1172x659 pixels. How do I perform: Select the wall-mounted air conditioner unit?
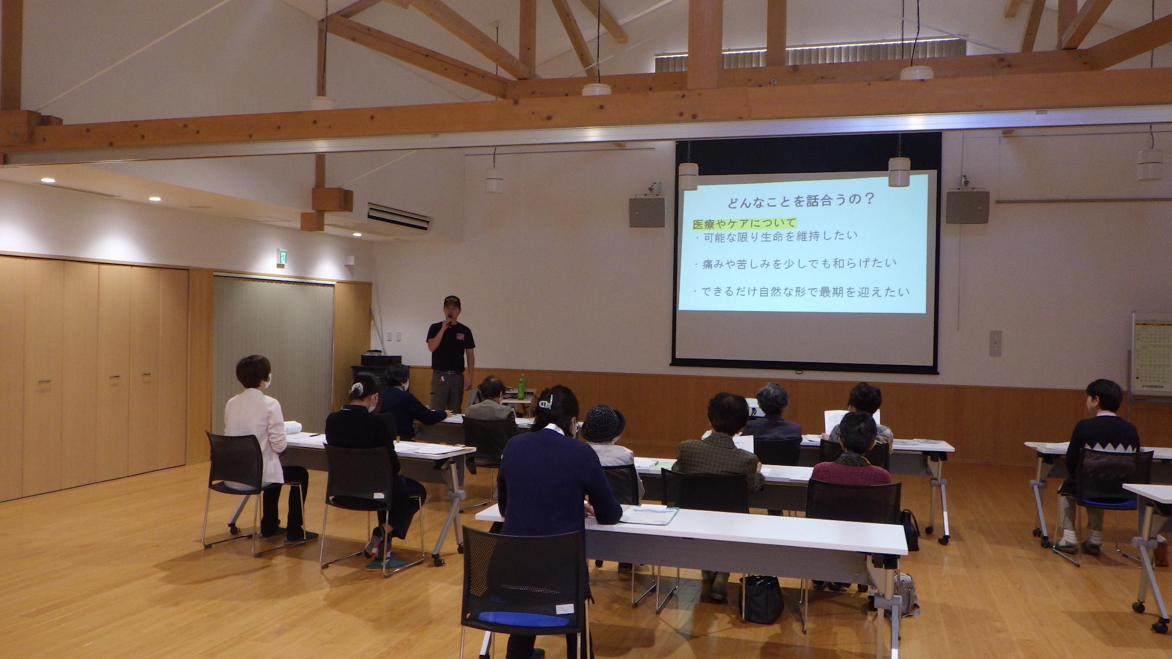pyautogui.click(x=398, y=215)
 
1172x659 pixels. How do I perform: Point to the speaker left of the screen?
pyautogui.click(x=647, y=212)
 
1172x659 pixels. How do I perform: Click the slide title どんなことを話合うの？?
pyautogui.click(x=801, y=200)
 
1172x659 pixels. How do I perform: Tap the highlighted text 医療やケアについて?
pyautogui.click(x=744, y=224)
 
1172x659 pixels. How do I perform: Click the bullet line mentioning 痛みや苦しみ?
pyautogui.click(x=795, y=264)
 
